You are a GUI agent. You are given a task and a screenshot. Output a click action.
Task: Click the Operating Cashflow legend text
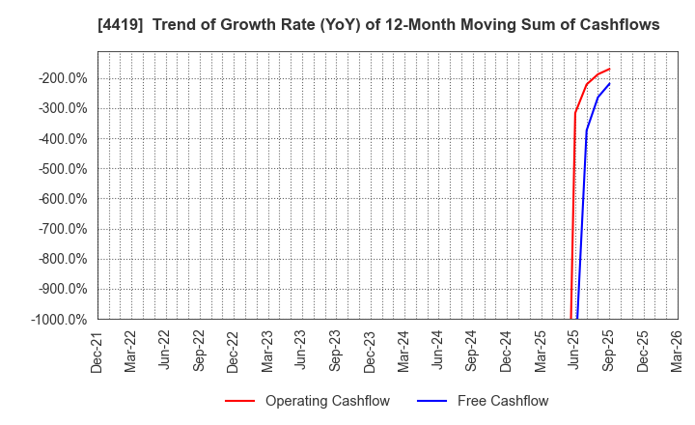point(327,401)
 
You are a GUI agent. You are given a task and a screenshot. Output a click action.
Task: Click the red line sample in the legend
point(239,401)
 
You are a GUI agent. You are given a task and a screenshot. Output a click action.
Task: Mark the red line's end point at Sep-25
point(609,69)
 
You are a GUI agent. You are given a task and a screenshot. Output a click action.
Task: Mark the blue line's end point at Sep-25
point(609,83)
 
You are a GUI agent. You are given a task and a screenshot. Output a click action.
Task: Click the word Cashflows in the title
point(619,25)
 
